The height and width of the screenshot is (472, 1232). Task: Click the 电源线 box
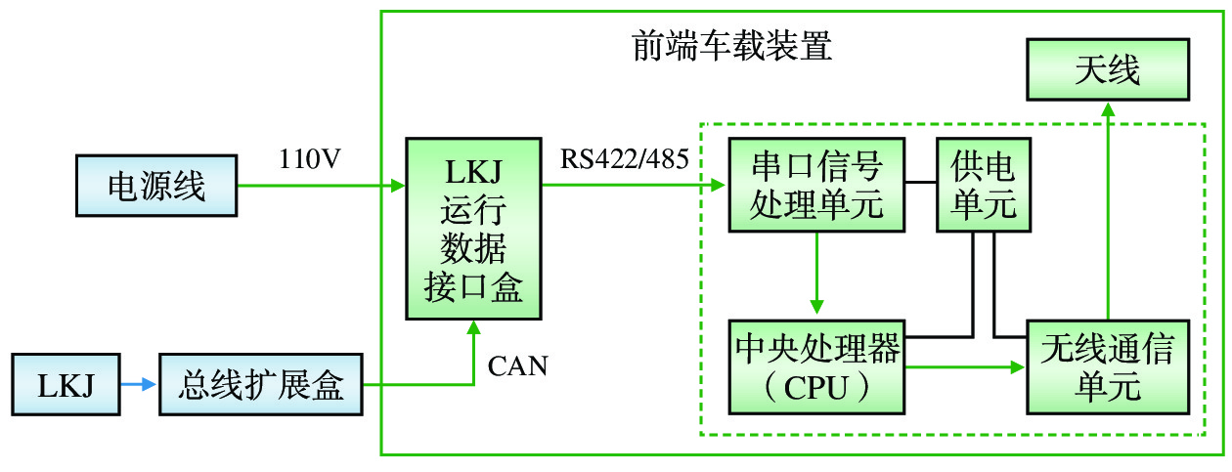156,186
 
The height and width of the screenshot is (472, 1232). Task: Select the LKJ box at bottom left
66,385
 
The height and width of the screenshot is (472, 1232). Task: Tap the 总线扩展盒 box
260,385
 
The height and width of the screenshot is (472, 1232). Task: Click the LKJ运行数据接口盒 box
473,229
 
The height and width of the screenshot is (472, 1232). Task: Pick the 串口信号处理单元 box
816,186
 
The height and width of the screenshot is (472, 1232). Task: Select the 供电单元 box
983,186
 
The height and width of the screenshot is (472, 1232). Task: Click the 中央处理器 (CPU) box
816,366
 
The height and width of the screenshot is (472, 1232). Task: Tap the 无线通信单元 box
1108,366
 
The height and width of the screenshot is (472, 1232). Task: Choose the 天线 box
1108,69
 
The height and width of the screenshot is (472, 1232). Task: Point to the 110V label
310,159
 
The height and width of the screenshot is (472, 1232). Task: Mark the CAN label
518,367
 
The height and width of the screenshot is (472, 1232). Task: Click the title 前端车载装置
731,46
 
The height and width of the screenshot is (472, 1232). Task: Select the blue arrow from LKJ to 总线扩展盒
138,385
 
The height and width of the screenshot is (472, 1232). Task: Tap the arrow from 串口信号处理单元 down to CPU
816,275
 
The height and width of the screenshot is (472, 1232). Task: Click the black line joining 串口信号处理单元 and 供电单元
919,183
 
